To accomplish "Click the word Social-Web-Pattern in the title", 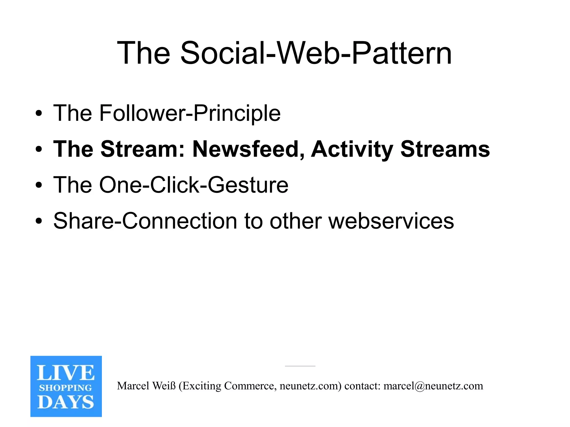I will coord(316,53).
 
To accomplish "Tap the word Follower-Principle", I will coord(189,113).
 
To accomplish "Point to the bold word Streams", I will coord(445,149).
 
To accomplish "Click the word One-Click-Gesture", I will coord(194,185).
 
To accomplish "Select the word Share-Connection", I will coord(145,221).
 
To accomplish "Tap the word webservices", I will coord(391,221).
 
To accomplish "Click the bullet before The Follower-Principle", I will coord(39,114).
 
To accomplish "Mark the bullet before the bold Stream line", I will coord(39,150).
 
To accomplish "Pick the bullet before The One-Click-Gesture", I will coord(39,185).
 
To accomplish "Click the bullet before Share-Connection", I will coord(39,221).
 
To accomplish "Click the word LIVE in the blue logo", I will coord(66,373).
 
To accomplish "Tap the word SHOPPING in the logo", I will coord(66,388).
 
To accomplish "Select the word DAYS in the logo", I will coord(66,402).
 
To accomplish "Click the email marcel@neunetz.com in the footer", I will coord(433,386).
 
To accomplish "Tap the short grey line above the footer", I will coord(300,366).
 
